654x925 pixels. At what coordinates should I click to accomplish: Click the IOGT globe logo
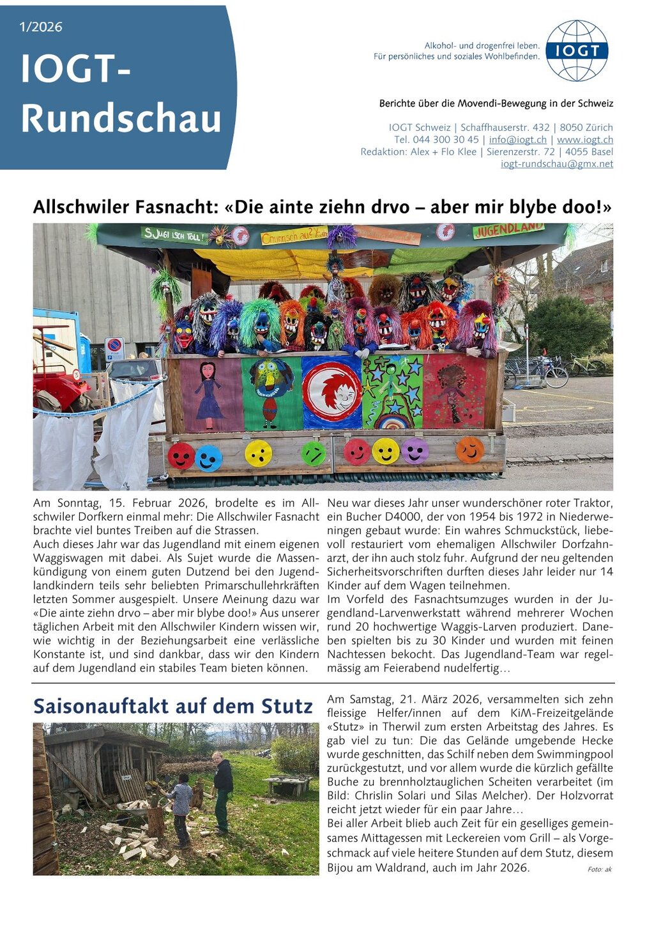tap(577, 50)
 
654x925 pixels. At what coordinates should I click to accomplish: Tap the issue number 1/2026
tap(41, 27)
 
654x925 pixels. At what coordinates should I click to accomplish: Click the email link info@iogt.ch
tap(517, 140)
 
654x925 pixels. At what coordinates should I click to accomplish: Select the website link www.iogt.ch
tap(584, 140)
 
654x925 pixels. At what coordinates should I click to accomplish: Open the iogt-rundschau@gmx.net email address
tap(556, 164)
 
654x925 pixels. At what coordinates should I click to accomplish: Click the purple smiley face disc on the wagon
tap(414, 450)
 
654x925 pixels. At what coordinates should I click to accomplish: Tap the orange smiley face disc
tap(469, 450)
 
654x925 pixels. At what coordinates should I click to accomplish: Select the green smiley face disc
tap(313, 453)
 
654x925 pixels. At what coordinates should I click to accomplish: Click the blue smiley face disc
tap(208, 458)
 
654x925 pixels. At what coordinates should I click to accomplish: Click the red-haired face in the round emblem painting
tap(332, 391)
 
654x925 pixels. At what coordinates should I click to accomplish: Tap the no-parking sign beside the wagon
tap(114, 349)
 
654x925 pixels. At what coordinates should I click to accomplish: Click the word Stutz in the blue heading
tap(287, 707)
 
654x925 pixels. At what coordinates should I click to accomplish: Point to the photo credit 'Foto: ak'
tap(599, 869)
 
